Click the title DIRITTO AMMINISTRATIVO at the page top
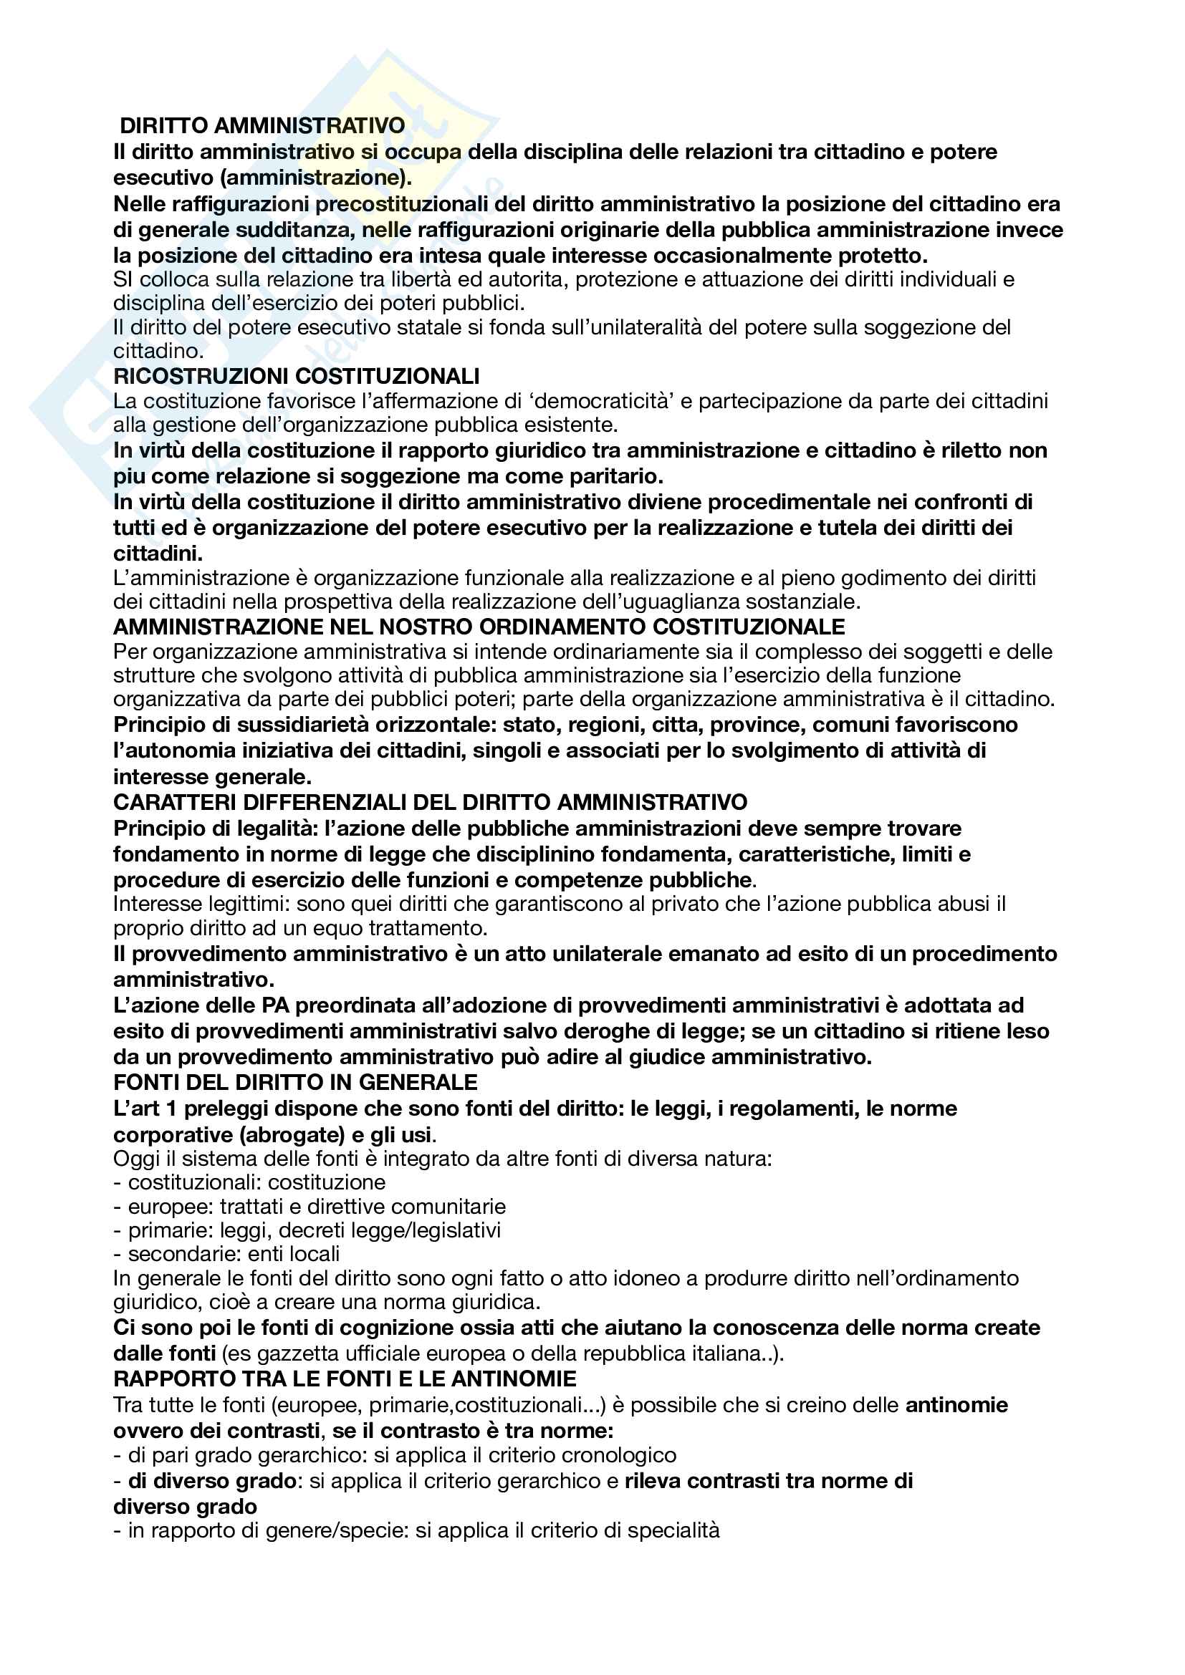click(262, 125)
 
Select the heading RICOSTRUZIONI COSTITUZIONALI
click(297, 376)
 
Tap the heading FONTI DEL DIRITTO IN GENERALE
click(295, 1082)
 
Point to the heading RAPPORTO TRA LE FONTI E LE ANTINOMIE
click(345, 1378)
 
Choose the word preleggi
click(228, 1108)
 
